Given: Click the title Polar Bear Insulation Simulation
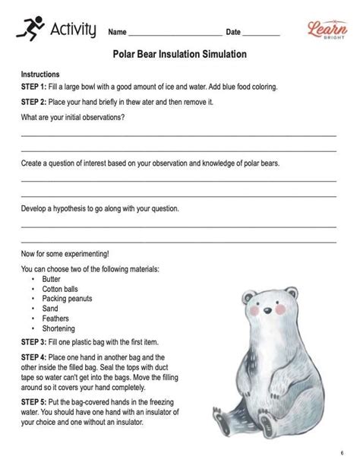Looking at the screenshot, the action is [x=179, y=55].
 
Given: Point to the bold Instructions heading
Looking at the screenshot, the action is [x=40, y=75].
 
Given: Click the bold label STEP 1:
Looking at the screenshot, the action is [x=34, y=87].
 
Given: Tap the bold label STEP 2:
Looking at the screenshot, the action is [x=34, y=102].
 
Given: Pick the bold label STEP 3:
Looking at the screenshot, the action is [x=34, y=343].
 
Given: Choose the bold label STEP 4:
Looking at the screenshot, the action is [x=34, y=357].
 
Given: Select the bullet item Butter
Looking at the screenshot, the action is [x=52, y=279].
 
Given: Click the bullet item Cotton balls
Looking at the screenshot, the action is [x=62, y=289].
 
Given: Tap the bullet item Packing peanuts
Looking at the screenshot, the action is [x=67, y=299].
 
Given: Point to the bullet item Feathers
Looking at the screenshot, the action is [x=55, y=319].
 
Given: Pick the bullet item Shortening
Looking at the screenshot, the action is [x=58, y=328].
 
